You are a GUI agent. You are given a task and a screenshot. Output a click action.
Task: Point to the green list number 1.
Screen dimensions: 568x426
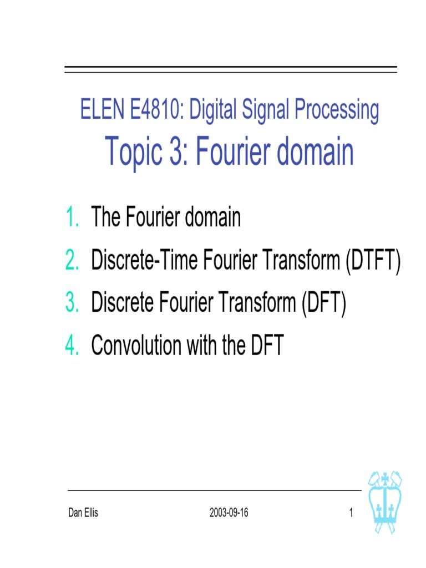click(x=72, y=217)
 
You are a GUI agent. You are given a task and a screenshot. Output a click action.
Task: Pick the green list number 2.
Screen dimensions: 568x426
click(x=72, y=260)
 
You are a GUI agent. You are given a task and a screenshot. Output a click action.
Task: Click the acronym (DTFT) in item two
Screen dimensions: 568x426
click(x=372, y=260)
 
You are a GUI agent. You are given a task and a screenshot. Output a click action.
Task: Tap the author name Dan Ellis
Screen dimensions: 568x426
click(x=83, y=513)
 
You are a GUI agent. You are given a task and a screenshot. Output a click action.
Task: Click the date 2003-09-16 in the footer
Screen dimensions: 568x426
click(x=229, y=513)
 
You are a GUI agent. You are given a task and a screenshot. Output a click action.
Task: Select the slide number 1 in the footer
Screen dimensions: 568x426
click(x=351, y=513)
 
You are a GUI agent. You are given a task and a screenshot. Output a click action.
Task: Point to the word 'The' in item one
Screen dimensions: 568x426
click(x=106, y=217)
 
